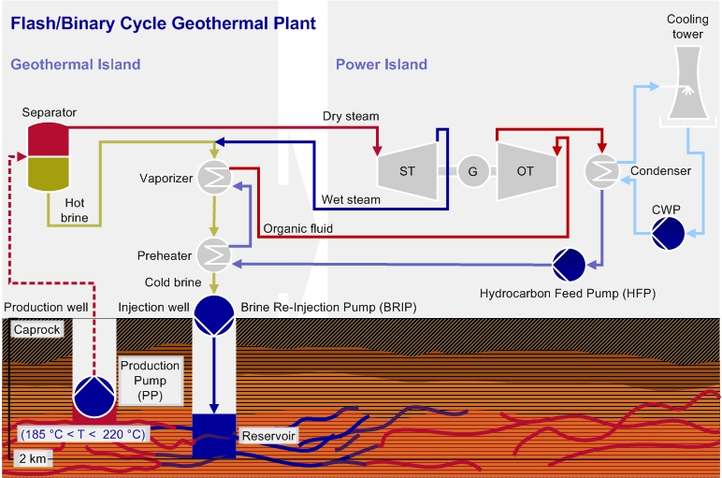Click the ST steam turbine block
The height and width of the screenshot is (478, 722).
[408, 171]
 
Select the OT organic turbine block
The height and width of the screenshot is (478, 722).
[527, 171]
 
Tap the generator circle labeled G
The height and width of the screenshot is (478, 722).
[472, 171]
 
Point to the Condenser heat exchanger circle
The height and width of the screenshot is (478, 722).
[601, 171]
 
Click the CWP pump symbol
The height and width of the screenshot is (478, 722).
[668, 233]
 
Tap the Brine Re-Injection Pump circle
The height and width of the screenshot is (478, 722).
[214, 314]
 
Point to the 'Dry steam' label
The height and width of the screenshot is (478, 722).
[351, 116]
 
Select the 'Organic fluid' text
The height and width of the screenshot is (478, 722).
[298, 227]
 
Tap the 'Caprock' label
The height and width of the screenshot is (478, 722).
[36, 330]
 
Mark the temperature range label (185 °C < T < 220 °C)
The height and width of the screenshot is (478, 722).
[81, 434]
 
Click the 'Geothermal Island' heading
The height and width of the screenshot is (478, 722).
[76, 65]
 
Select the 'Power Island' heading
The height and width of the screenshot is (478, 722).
[382, 65]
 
